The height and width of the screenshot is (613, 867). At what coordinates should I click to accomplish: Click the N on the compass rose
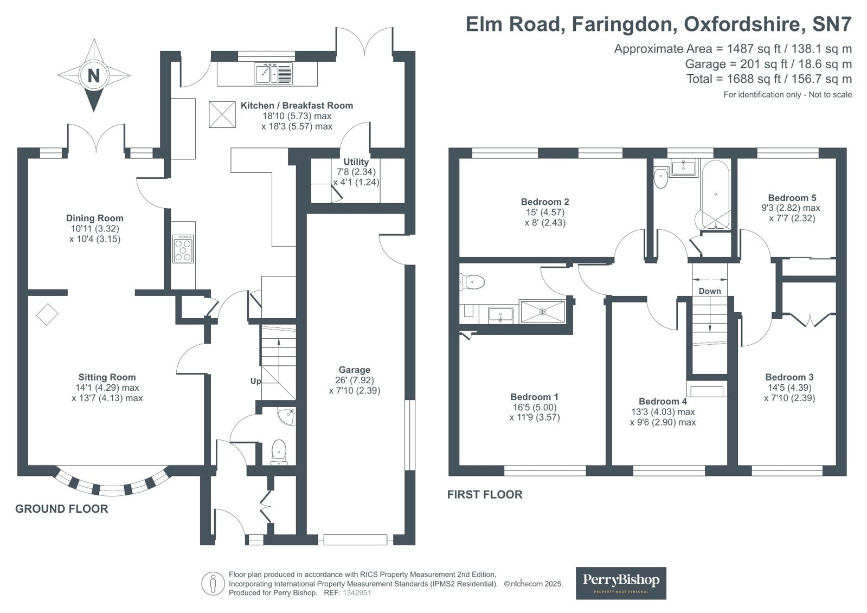[x=94, y=75]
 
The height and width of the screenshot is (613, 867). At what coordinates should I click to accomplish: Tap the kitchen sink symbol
[x=273, y=74]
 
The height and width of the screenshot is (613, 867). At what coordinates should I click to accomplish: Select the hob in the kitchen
[x=183, y=249]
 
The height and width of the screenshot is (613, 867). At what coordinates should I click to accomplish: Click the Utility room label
[x=356, y=162]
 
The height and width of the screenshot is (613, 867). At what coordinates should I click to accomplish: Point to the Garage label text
[x=354, y=370]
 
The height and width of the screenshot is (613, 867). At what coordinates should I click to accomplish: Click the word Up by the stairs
[x=255, y=381]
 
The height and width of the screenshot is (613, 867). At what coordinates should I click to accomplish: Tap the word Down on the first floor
[x=709, y=291]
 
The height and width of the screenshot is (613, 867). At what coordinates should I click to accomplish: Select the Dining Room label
[x=95, y=218]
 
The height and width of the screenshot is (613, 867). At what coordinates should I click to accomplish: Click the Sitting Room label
[x=107, y=377]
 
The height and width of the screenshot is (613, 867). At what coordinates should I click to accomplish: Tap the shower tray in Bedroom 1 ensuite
[x=542, y=312]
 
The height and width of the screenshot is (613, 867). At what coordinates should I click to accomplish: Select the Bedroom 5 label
[x=792, y=198]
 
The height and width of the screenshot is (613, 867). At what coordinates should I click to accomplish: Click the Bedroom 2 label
[x=545, y=202]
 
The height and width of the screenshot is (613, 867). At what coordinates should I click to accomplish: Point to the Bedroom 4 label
[x=663, y=402]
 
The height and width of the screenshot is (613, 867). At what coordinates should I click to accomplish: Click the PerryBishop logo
[x=621, y=583]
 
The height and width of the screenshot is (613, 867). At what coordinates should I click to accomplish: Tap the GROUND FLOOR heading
[x=62, y=509]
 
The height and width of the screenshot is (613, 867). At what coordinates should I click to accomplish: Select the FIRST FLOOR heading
[x=485, y=494]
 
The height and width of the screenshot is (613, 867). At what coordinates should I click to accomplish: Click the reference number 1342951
[x=356, y=593]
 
